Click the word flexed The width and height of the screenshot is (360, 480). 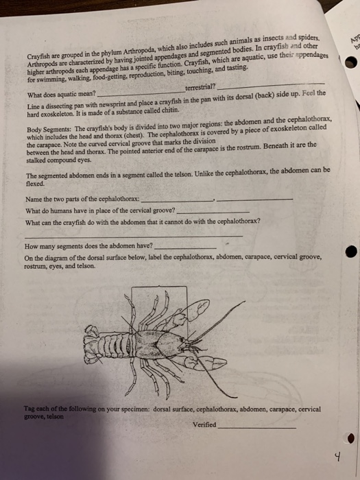coord(36,184)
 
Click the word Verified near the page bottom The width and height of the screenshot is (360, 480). coord(204,424)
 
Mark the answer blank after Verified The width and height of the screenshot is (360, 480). coord(257,426)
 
